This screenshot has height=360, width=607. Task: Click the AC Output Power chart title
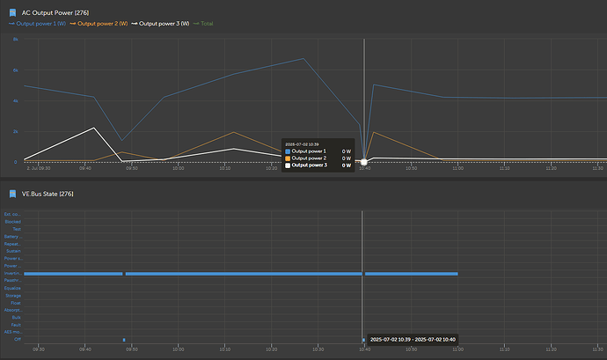pyautogui.click(x=67, y=12)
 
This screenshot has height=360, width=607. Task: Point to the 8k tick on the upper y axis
pyautogui.click(x=15, y=40)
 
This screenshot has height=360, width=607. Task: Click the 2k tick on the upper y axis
pyautogui.click(x=15, y=131)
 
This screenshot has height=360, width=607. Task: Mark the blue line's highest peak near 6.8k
pyautogui.click(x=303, y=58)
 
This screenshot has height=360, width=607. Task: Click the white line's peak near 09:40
pyautogui.click(x=94, y=128)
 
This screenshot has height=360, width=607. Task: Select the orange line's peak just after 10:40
pyautogui.click(x=374, y=132)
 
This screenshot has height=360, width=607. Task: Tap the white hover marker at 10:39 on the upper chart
pyautogui.click(x=364, y=162)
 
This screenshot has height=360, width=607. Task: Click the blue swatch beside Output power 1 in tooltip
pyautogui.click(x=288, y=151)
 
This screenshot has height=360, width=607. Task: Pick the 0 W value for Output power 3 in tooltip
pyautogui.click(x=346, y=165)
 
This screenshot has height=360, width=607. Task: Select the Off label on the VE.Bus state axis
pyautogui.click(x=18, y=340)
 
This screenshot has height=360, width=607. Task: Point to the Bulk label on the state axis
pyautogui.click(x=17, y=317)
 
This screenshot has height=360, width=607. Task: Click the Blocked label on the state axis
pyautogui.click(x=13, y=221)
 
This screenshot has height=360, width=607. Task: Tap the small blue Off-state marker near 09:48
pyautogui.click(x=124, y=340)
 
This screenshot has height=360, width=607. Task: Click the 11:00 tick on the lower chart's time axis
pyautogui.click(x=457, y=349)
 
